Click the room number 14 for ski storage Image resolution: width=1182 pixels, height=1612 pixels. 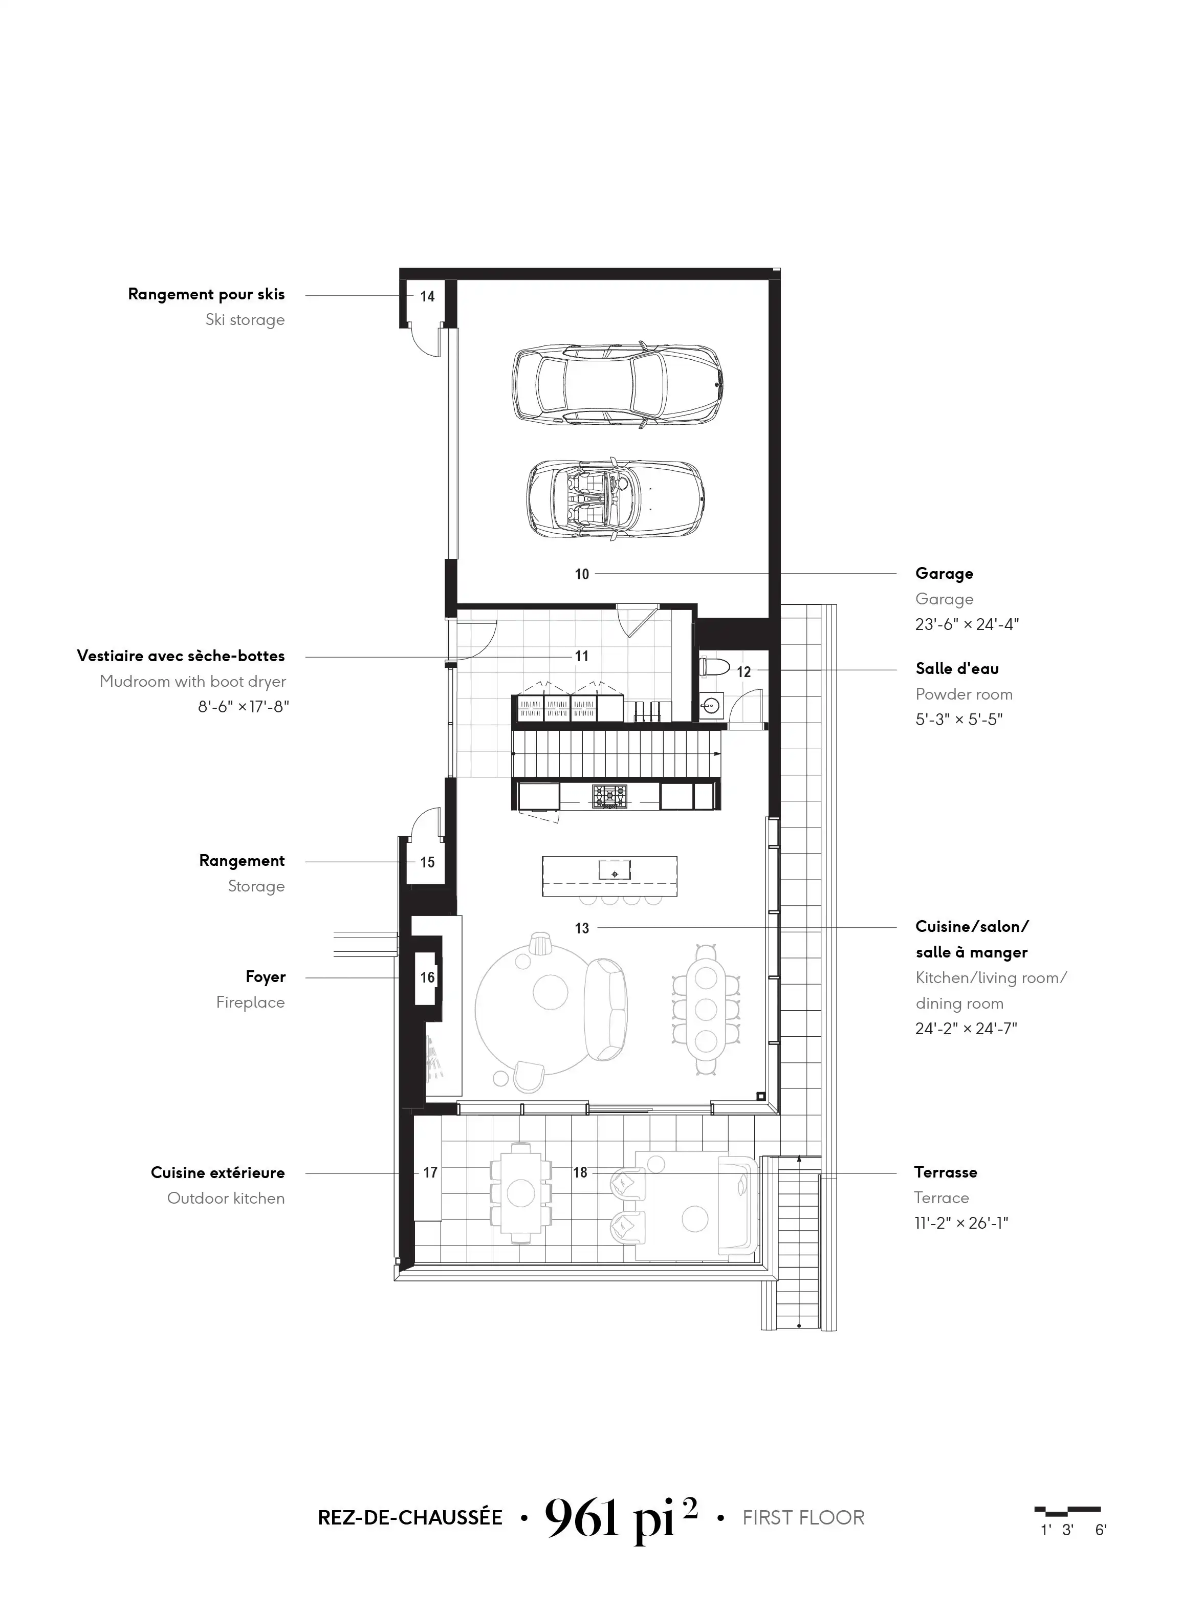coord(427,296)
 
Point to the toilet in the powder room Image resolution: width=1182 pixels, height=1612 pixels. coord(714,667)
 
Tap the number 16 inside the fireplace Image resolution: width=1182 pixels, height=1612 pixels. coord(427,977)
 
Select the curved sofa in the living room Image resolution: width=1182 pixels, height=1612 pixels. coord(606,1010)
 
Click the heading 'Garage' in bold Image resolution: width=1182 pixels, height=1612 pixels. coord(944,574)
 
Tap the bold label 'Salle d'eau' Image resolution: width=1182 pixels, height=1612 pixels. coord(957,668)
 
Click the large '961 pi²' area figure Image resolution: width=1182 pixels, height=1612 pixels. coord(620,1517)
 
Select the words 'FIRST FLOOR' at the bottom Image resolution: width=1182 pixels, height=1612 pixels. coord(803,1517)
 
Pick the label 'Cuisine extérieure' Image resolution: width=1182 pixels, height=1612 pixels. coord(217,1173)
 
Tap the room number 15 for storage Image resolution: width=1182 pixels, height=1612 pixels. coord(427,863)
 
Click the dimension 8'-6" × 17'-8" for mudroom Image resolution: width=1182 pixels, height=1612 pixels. coord(243,707)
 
